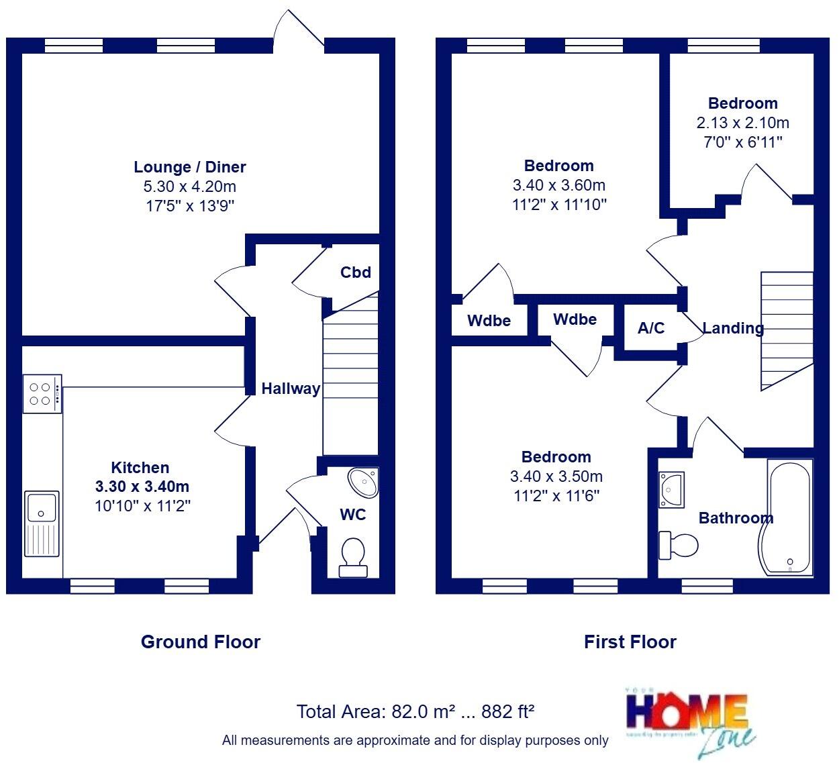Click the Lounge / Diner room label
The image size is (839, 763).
[190, 167]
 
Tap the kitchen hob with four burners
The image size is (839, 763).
[42, 394]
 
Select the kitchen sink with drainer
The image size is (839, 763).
[42, 523]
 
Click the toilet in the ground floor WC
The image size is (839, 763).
[353, 557]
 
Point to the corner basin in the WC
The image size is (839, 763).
[364, 482]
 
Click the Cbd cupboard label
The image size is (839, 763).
[355, 272]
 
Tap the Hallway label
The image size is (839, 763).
[290, 389]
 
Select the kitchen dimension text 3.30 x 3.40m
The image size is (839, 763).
[141, 487]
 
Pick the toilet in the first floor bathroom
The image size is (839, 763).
[679, 544]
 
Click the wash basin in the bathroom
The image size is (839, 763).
[671, 489]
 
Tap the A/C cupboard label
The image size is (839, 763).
[650, 328]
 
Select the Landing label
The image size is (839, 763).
[732, 328]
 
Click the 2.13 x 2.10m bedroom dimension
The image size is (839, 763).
[742, 123]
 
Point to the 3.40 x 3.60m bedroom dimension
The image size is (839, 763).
[558, 185]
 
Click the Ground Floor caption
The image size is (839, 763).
[200, 642]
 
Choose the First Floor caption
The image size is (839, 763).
[630, 642]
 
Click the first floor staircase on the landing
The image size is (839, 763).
[786, 329]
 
